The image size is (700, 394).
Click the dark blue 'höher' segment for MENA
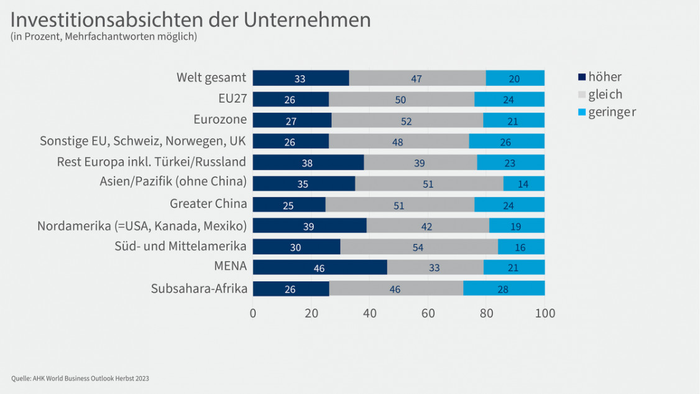(320, 267)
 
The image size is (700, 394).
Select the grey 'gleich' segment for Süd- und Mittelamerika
(419, 246)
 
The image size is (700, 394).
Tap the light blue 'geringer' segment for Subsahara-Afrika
(504, 288)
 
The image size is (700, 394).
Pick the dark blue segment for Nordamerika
(310, 225)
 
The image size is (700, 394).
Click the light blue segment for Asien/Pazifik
(524, 184)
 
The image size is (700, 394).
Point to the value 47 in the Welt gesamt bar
(417, 78)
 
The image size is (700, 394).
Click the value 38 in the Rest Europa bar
(306, 163)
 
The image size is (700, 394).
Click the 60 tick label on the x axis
(428, 313)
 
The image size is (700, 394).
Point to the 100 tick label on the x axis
(545, 313)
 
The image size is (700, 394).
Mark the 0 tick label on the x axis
(253, 313)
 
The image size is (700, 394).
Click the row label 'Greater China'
(208, 204)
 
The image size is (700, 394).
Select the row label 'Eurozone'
(220, 120)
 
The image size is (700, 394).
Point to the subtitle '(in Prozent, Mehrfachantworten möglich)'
(104, 37)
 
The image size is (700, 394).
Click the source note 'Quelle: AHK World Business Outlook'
(80, 378)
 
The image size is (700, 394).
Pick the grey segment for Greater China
(400, 204)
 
